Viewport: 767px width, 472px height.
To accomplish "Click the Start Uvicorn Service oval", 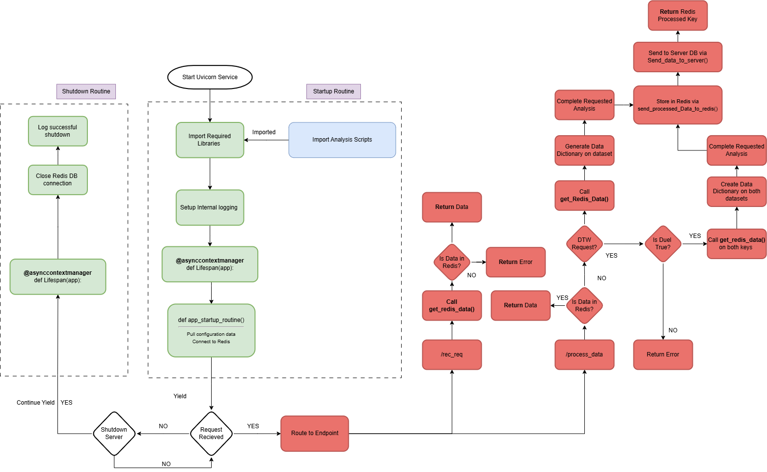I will click(x=210, y=77).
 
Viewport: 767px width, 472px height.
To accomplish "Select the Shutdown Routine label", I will click(x=86, y=91).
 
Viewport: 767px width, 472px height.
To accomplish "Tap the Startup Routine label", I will click(x=333, y=91).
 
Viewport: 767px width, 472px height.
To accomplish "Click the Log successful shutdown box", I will click(x=57, y=131).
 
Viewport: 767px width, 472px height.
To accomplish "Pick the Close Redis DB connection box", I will click(x=57, y=180).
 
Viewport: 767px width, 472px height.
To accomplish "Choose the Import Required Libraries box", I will click(x=210, y=140).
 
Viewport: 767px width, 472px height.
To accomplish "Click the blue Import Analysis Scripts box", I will click(x=342, y=140).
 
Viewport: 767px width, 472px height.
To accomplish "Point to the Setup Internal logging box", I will click(x=210, y=207).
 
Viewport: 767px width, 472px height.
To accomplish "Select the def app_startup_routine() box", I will click(x=211, y=330).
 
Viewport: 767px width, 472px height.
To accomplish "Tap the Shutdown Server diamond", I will click(x=114, y=433).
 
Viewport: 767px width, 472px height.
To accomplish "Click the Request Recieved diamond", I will click(x=211, y=433).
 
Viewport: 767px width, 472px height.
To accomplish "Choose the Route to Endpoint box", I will click(x=315, y=433).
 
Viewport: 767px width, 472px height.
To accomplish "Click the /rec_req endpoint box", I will click(x=452, y=354).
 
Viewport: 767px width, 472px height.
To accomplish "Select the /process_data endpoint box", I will click(x=584, y=354).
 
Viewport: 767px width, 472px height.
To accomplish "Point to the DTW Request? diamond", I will click(x=584, y=244).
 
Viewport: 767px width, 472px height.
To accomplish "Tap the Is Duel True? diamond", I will click(x=662, y=244).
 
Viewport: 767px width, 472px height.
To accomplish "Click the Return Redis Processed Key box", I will click(x=678, y=16).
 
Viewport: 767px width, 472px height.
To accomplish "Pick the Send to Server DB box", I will click(x=678, y=57).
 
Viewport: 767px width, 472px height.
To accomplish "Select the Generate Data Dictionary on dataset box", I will click(x=584, y=150).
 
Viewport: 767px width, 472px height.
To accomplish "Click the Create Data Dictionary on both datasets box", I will click(x=737, y=192).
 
